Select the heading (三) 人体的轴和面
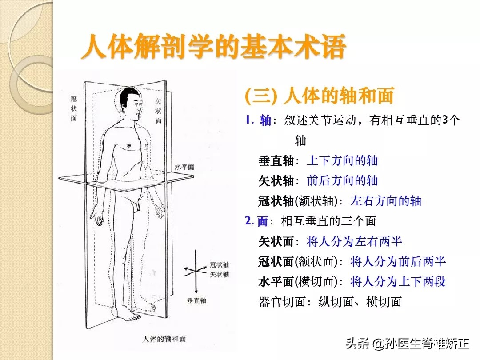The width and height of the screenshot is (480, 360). point(319,96)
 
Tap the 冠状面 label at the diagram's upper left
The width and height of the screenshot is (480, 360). point(74,108)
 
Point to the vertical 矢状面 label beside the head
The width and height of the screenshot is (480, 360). point(158,111)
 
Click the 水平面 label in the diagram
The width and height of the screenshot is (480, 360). point(184,167)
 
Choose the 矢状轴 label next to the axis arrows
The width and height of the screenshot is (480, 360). point(219,274)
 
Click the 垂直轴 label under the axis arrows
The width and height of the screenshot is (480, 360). point(196,300)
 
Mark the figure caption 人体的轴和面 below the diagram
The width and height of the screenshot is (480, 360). point(164,339)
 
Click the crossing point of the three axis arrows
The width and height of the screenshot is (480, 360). point(195,270)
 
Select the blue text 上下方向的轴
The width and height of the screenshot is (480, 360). point(342,161)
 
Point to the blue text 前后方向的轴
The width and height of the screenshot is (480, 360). point(342,180)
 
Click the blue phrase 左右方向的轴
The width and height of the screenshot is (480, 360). point(386,201)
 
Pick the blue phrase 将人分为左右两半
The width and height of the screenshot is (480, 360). point(354,241)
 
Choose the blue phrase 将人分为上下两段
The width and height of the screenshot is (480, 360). point(398,282)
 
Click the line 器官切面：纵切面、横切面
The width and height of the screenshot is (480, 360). point(330,302)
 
